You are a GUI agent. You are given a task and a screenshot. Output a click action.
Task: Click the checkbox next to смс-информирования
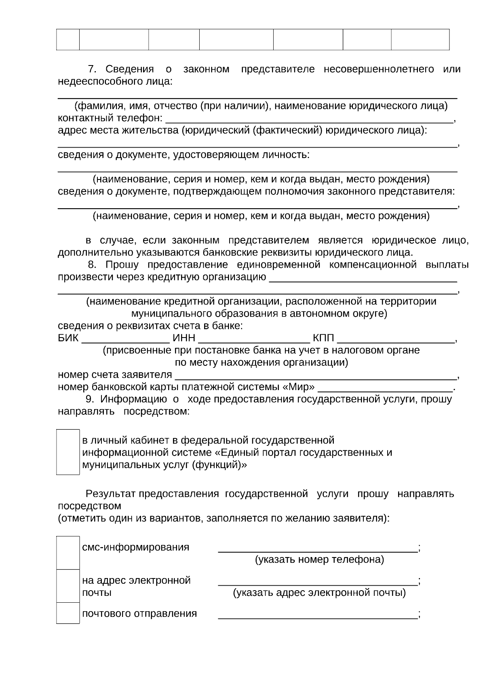point(68,553)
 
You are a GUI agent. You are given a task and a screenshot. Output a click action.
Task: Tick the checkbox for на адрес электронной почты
point(68,586)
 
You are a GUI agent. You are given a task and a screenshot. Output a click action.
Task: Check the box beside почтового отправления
point(68,613)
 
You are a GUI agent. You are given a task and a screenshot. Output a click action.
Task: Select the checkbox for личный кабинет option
point(68,452)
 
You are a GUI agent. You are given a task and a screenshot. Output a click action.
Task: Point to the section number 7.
point(91,69)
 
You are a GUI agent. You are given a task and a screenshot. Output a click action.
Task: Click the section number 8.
point(91,265)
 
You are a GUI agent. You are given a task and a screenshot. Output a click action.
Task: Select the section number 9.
point(89,399)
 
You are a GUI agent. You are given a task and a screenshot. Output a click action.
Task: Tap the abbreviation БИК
point(68,338)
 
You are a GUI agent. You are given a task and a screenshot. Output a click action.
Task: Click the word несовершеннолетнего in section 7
point(379,69)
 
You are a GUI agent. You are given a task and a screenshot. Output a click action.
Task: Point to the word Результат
point(110,494)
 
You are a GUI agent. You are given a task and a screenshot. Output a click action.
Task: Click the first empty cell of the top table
point(67,39)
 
